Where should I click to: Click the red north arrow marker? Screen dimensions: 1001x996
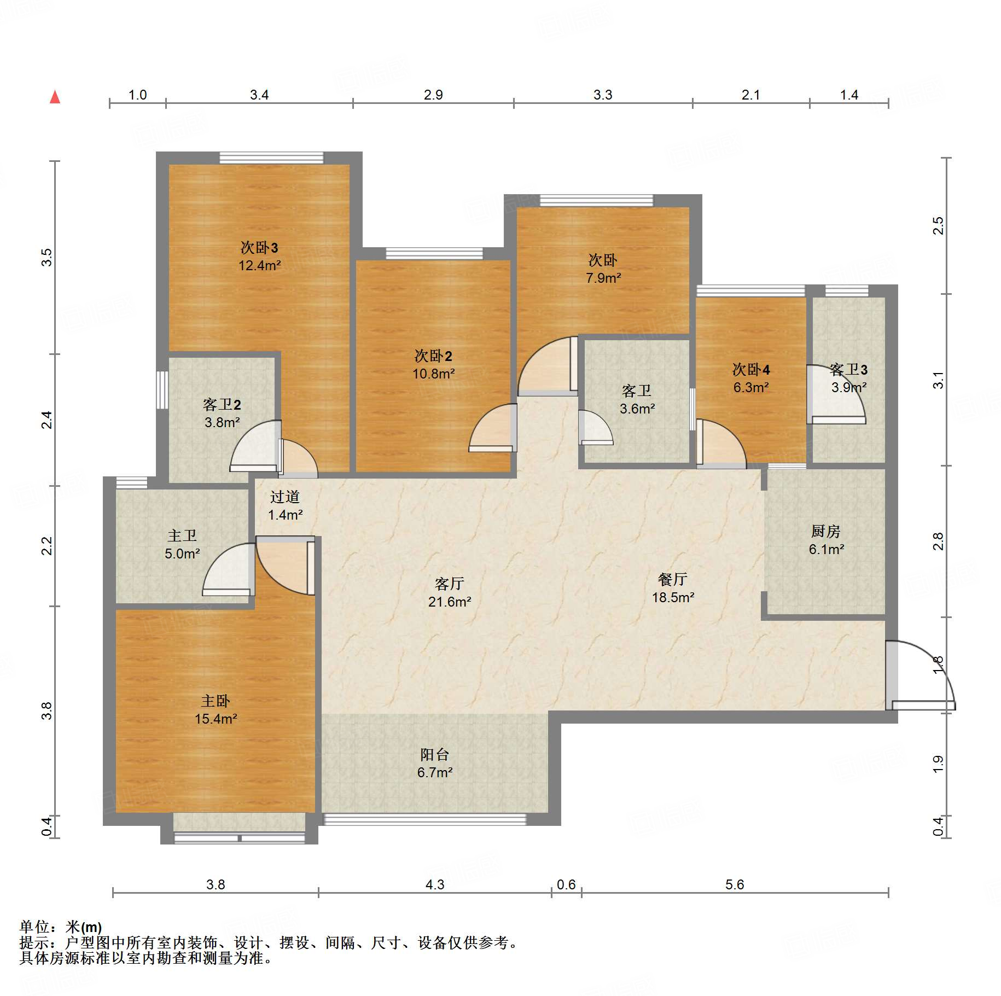[55, 97]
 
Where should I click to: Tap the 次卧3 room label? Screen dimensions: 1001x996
[259, 248]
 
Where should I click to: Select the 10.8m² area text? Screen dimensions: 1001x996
[434, 374]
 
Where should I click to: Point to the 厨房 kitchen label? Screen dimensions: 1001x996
[825, 531]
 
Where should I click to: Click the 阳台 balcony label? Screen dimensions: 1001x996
[435, 755]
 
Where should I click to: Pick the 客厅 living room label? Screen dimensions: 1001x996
[449, 584]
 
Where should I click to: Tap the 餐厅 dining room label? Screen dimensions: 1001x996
[673, 580]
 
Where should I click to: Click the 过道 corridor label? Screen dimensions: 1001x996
[285, 497]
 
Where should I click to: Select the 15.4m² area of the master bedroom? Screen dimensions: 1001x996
[216, 719]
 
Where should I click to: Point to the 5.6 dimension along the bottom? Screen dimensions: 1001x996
[735, 885]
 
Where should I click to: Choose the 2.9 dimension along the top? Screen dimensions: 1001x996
[433, 95]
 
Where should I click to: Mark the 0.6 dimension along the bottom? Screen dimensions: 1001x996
[566, 885]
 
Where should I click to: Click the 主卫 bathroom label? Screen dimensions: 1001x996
[182, 536]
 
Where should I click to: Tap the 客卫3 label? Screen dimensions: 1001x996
[848, 370]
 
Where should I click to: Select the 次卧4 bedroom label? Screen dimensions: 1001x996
[751, 370]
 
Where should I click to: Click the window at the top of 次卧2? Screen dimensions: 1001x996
[434, 253]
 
